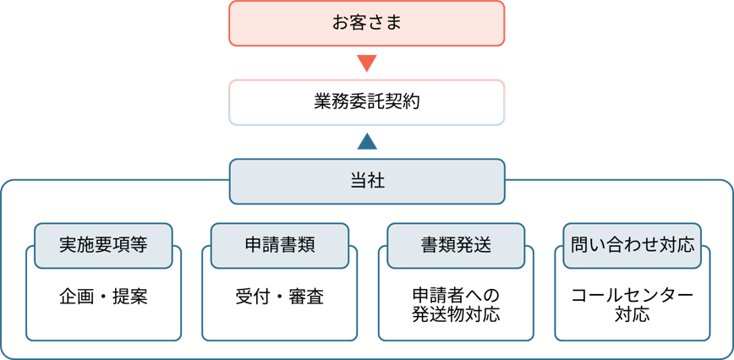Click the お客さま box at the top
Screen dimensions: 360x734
point(366,23)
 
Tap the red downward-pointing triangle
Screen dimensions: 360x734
point(366,63)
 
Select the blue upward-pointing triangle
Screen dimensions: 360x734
point(366,141)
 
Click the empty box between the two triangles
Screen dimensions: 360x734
point(366,102)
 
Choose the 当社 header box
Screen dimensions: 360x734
point(366,181)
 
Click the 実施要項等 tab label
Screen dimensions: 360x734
point(103,245)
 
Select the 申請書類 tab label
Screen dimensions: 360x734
point(279,245)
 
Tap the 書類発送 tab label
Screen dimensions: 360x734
point(456,245)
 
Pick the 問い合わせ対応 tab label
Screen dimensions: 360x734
point(633,245)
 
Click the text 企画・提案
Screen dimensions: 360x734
point(103,297)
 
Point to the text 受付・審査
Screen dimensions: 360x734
point(279,297)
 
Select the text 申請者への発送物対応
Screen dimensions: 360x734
point(456,305)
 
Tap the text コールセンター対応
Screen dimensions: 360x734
point(633,305)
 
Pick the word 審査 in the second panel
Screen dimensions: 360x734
point(306,297)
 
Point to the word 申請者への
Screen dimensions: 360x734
point(456,296)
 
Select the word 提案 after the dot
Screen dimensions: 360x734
point(130,297)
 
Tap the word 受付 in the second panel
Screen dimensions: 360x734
point(252,297)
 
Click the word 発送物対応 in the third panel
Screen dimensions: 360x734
point(456,316)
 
